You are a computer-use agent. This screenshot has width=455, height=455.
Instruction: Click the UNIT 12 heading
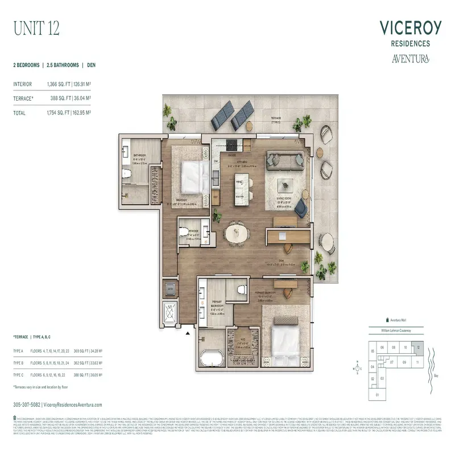point(36,27)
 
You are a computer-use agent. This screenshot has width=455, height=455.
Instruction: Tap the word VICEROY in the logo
point(408,28)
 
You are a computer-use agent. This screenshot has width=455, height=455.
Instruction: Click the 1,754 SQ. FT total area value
point(59,113)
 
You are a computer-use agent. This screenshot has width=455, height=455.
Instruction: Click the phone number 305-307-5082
point(27,404)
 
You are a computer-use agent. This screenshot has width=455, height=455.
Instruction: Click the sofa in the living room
point(287,160)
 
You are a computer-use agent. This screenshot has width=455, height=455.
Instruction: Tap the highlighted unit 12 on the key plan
point(418,347)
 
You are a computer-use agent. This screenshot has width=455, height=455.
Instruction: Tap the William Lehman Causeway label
point(395,330)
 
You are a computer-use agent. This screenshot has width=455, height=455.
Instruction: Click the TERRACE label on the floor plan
point(277,118)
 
